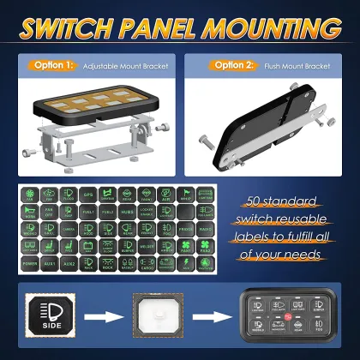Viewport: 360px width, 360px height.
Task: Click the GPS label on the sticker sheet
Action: coord(88,195)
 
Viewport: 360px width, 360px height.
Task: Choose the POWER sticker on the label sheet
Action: coord(31,261)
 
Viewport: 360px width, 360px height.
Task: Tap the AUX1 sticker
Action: coord(50,261)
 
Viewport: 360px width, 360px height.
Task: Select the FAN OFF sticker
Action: coord(50,212)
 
